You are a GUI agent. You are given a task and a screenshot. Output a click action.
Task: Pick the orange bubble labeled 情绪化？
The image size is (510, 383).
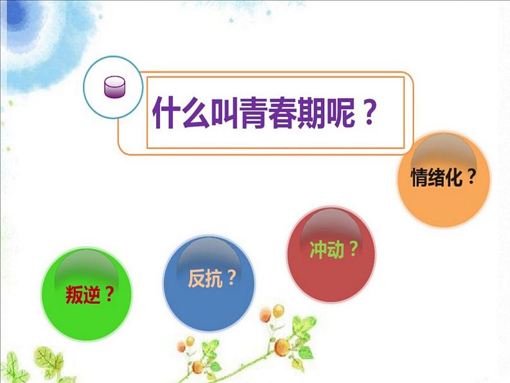pyautogui.click(x=443, y=180)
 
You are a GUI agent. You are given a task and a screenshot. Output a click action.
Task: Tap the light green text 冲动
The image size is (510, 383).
pyautogui.click(x=324, y=249)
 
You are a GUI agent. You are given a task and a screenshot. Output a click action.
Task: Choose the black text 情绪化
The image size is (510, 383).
pyautogui.click(x=436, y=177)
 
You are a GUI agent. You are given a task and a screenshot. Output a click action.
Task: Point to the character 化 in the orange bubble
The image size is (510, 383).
pyautogui.click(x=454, y=177)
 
